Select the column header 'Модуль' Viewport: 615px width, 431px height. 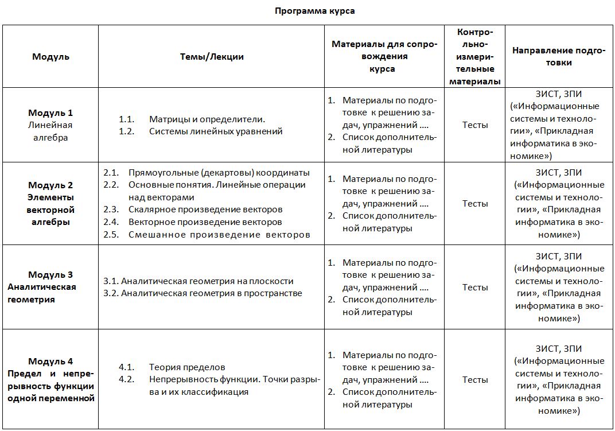tap(50, 57)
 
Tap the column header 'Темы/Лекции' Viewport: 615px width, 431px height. tap(212, 57)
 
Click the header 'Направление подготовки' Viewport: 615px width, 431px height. tap(558, 56)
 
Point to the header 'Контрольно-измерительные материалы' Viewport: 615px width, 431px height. tap(474, 56)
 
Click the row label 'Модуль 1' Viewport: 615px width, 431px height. tap(50, 113)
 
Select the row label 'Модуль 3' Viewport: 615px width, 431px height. tap(50, 275)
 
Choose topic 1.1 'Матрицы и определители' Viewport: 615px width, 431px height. tap(207, 119)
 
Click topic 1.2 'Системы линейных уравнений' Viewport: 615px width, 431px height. tap(215, 131)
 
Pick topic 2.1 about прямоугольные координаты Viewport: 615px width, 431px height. tap(219, 173)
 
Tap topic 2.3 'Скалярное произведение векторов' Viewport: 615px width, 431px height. tap(205, 209)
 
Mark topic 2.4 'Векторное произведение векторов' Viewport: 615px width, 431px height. tap(205, 222)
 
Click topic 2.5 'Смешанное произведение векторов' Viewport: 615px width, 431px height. tap(219, 235)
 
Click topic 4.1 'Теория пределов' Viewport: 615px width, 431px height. tap(186, 367)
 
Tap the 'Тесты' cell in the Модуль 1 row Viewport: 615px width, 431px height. tap(475, 125)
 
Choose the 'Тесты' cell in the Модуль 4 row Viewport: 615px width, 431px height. tap(475, 380)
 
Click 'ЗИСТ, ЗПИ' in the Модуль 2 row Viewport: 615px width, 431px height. tap(558, 173)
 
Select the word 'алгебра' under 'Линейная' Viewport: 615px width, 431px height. tap(50, 138)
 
